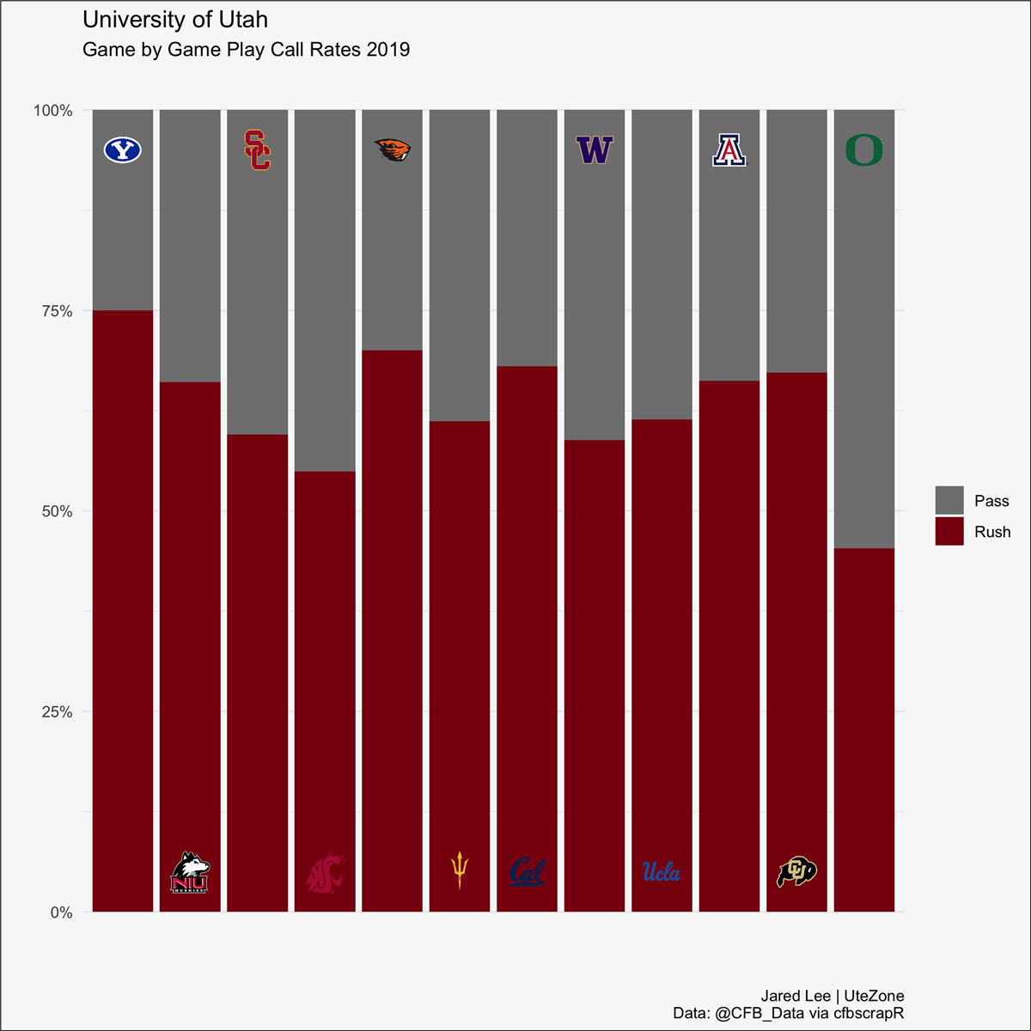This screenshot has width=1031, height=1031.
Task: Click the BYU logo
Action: tap(123, 150)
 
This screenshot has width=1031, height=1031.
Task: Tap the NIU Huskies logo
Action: tap(190, 873)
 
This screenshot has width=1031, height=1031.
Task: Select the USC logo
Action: tap(258, 150)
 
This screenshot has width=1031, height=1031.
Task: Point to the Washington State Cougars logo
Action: tap(326, 873)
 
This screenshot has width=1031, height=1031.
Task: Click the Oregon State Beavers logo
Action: tap(393, 150)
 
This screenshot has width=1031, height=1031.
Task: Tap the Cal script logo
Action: tap(527, 872)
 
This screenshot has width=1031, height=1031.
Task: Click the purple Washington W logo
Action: tap(595, 150)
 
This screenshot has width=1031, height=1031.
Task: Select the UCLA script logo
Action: tap(662, 872)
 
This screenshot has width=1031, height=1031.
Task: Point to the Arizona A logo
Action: tap(729, 150)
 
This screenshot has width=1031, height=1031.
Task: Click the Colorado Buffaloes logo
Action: tap(796, 872)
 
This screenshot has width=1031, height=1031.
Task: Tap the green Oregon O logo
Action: tap(864, 150)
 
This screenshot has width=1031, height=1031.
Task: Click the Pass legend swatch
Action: tap(949, 501)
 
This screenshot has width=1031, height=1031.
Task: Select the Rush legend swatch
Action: tap(949, 532)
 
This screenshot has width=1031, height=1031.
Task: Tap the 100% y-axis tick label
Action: tap(53, 111)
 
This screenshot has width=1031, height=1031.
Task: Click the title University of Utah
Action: tap(175, 20)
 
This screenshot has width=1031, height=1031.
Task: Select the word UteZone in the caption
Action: tap(874, 997)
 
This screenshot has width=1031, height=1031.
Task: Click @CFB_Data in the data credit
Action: tap(760, 1014)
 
